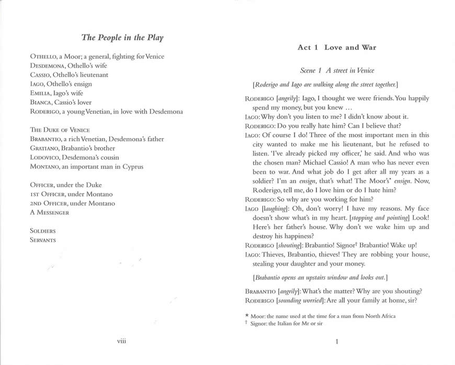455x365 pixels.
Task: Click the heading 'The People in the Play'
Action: coord(122,38)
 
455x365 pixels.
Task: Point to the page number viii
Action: coord(122,341)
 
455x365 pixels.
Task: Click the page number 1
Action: coord(337,342)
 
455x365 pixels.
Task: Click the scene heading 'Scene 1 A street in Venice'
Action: coord(337,70)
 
